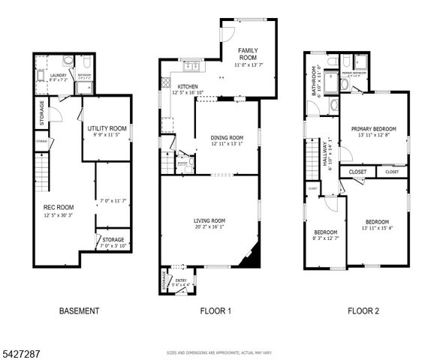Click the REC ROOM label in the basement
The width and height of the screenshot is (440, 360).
(x=58, y=207)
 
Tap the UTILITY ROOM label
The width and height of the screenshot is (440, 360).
(x=106, y=128)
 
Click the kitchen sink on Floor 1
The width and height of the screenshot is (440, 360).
(x=188, y=65)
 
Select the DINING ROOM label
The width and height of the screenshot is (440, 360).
(x=226, y=138)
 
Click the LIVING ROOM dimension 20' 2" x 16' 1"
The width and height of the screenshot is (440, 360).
(x=209, y=228)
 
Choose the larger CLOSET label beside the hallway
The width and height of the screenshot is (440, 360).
(x=357, y=172)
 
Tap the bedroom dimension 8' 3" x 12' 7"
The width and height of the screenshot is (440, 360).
(x=325, y=238)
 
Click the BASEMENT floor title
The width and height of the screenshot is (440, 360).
(x=79, y=310)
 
